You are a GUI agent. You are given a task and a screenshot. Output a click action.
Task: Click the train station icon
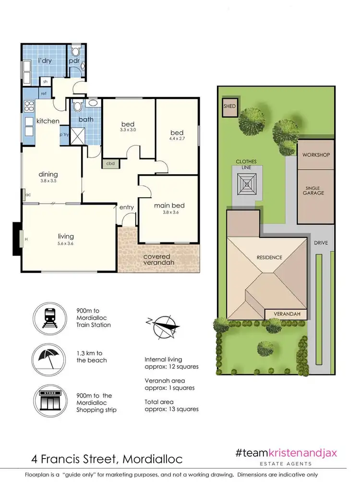coord(50,317)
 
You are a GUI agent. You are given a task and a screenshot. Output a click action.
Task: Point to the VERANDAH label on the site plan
coord(287,314)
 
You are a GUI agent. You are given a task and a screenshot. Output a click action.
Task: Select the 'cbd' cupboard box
coord(110,163)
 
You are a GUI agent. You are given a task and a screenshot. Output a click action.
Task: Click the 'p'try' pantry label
coord(64,135)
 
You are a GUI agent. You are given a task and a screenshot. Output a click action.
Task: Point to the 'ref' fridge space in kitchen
coord(43,93)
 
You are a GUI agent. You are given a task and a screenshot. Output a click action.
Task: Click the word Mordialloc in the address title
coord(153,459)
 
